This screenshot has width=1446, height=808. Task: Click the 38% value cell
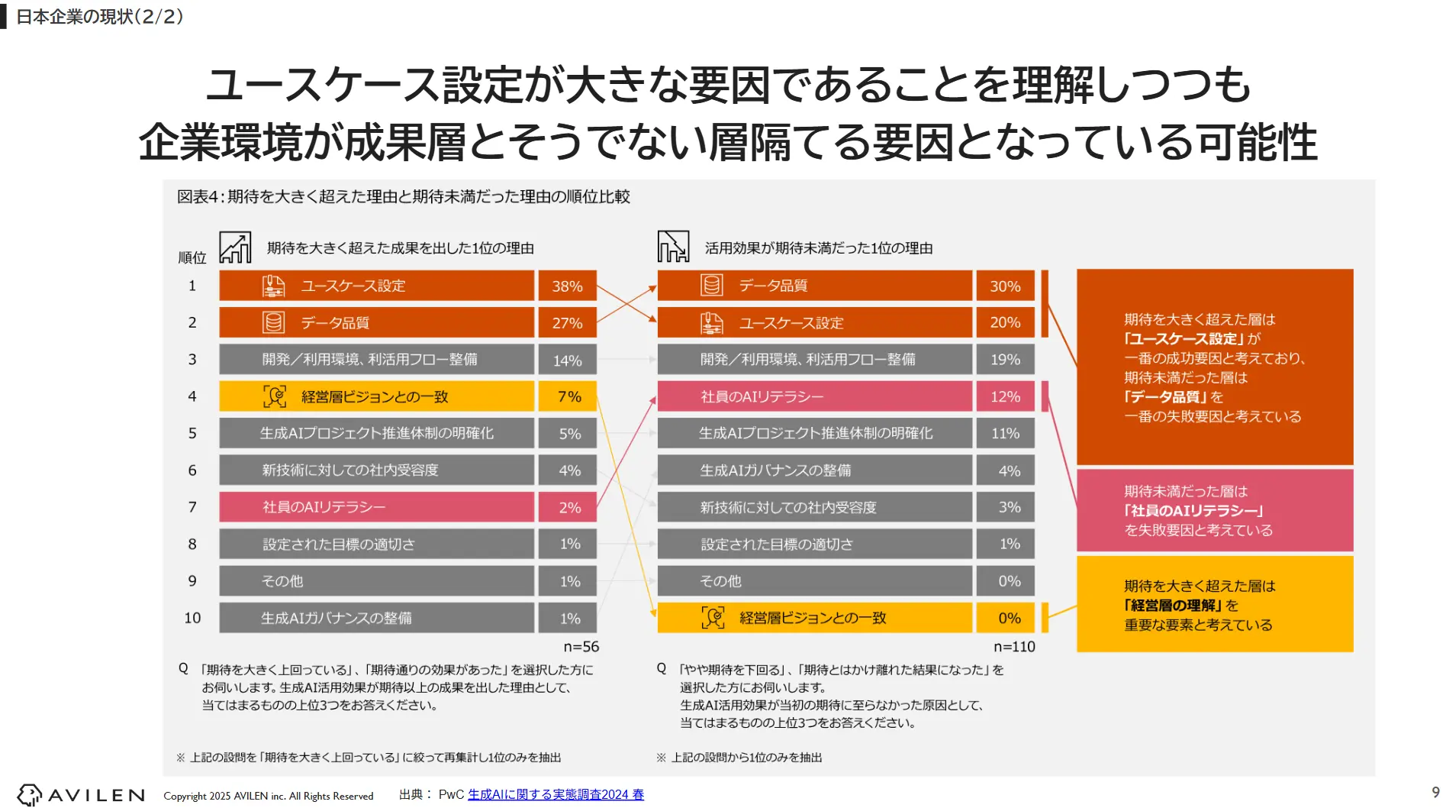tap(567, 286)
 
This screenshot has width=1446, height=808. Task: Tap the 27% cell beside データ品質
tap(567, 323)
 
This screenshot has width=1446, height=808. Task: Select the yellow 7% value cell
tap(567, 396)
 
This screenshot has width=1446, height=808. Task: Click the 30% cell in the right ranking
tap(1005, 286)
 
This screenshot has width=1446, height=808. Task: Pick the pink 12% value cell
tap(1005, 396)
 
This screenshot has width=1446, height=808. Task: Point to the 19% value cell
tap(1005, 360)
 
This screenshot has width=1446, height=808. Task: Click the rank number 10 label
tap(192, 618)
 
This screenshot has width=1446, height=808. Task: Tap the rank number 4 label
tap(192, 396)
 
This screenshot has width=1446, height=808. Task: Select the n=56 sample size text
tap(581, 647)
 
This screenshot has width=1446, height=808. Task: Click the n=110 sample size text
tap(1014, 647)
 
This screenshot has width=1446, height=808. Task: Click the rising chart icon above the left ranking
tap(235, 247)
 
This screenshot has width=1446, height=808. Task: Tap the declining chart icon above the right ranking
tap(673, 247)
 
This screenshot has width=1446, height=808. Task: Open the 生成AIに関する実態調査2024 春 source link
tap(556, 794)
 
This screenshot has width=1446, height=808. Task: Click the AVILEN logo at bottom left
tap(81, 795)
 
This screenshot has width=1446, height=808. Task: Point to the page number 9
tap(1435, 793)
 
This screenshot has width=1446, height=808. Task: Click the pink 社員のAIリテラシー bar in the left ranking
tap(376, 507)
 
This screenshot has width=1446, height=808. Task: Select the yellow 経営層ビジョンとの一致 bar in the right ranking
tap(814, 618)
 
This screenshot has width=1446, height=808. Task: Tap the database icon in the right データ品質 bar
tap(711, 286)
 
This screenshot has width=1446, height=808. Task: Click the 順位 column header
tap(192, 257)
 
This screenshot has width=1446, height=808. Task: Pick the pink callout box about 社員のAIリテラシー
tap(1214, 510)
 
